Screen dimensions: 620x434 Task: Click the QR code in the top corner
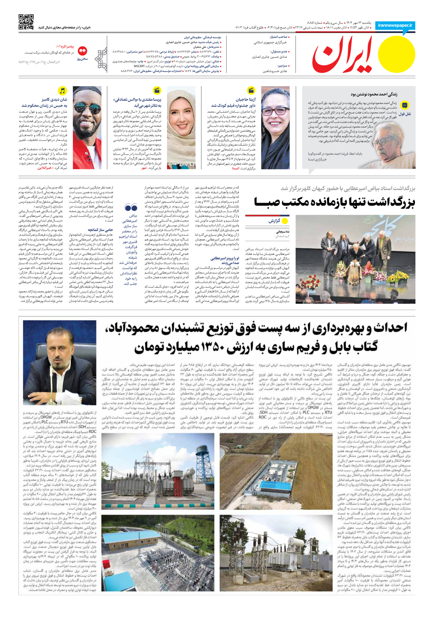(x=26, y=22)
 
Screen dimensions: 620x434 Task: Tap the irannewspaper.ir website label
(x=395, y=25)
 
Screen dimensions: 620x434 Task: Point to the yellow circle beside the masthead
(x=396, y=54)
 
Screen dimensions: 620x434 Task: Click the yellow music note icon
(x=62, y=91)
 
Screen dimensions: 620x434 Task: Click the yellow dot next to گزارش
(x=285, y=221)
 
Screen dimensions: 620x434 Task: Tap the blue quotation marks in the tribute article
(x=131, y=208)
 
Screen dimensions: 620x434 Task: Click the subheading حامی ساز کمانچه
(x=100, y=230)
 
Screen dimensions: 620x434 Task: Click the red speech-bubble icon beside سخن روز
(x=82, y=51)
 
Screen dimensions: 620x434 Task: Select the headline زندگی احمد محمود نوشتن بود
(x=374, y=94)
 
